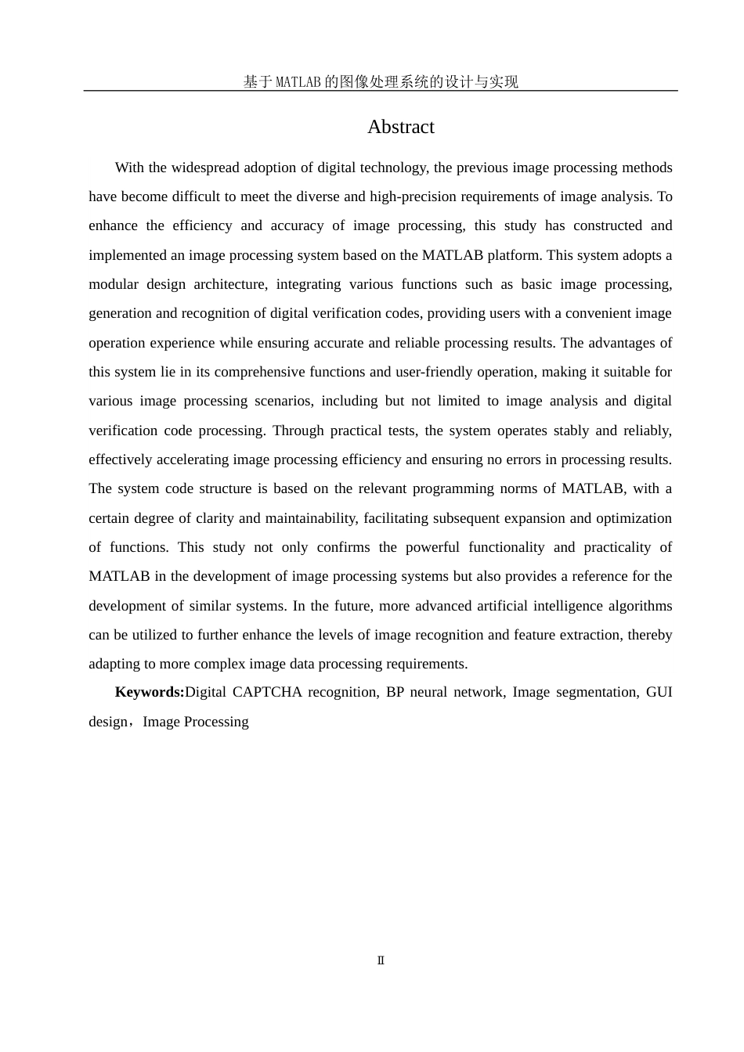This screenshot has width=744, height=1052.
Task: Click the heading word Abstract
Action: pyautogui.click(x=400, y=127)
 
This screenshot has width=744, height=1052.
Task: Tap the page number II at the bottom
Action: pyautogui.click(x=381, y=960)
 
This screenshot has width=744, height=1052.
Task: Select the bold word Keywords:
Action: pyautogui.click(x=150, y=692)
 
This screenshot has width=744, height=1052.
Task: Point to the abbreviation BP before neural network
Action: pyautogui.click(x=395, y=692)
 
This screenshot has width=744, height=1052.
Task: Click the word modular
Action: pyautogui.click(x=114, y=284)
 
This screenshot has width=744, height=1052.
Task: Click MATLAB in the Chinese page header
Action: pyautogui.click(x=298, y=81)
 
